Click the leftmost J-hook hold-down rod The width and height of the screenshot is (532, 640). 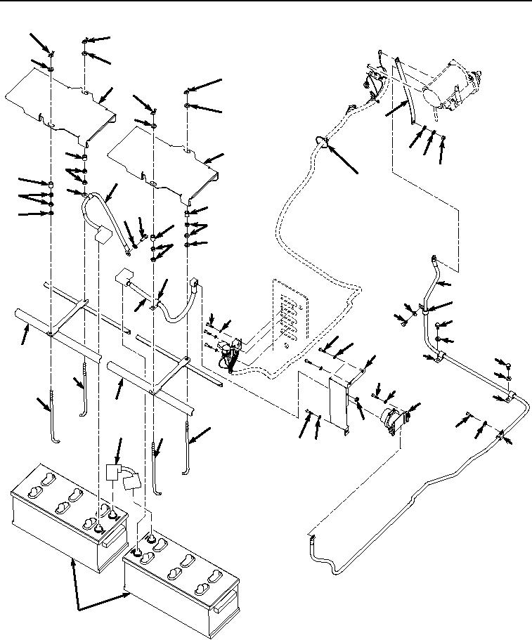53,422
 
